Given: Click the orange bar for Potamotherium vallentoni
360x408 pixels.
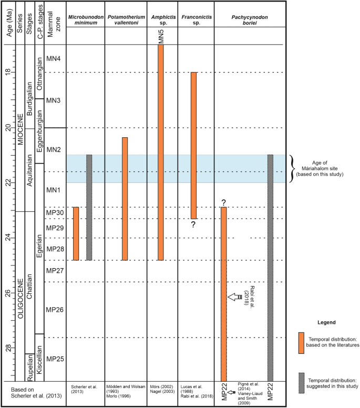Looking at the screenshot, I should tap(125, 199).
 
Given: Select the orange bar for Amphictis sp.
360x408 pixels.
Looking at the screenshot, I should tap(161, 152).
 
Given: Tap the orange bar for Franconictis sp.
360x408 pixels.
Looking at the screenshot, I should tap(193, 145).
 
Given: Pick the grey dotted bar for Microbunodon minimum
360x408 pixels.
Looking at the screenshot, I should tap(89, 207).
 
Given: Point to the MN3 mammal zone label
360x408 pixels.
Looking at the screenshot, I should tap(54, 100).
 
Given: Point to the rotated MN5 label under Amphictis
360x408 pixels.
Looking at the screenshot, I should tap(161, 36).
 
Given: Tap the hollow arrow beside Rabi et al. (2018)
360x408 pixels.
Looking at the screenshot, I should tap(235, 298).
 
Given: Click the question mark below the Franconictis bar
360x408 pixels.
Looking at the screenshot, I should tap(193, 225).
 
